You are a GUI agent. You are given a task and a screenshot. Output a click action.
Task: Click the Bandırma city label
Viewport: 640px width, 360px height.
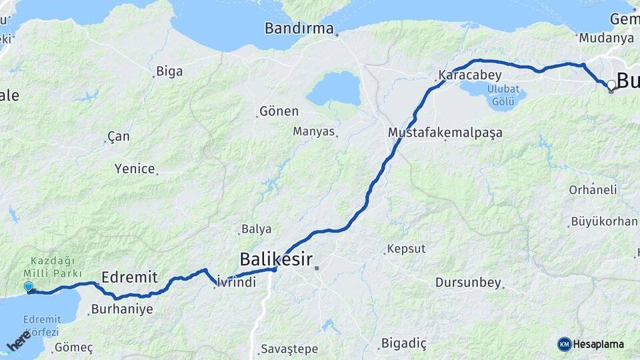coord(299,29)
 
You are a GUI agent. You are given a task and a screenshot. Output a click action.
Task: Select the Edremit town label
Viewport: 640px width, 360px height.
coord(129,277)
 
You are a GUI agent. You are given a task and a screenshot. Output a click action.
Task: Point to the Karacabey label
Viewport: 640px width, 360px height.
coord(465,75)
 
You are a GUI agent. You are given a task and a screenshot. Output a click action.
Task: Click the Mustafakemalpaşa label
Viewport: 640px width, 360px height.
coord(445,133)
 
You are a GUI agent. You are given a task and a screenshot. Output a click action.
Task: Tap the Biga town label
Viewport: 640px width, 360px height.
coord(169,71)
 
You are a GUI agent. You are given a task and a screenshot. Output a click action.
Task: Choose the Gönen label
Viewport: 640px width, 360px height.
coord(279,111)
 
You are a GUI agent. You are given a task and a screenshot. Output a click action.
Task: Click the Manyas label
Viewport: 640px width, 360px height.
coord(313,131)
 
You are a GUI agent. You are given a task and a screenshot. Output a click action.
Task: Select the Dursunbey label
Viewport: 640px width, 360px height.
coord(468,283)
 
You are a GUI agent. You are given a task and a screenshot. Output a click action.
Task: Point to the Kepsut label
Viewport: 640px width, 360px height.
coord(405,249)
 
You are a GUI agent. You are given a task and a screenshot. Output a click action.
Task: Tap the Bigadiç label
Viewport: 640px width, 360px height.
coord(404,343)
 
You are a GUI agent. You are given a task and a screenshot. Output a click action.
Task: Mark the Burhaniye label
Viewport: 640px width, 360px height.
coord(122,309)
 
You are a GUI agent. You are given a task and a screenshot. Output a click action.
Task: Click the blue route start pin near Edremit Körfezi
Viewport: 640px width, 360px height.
coord(28,287)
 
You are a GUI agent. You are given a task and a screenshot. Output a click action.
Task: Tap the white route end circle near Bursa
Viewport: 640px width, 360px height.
coord(611,85)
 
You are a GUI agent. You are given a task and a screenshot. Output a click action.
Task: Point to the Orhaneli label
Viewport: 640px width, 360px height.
coord(593,189)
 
